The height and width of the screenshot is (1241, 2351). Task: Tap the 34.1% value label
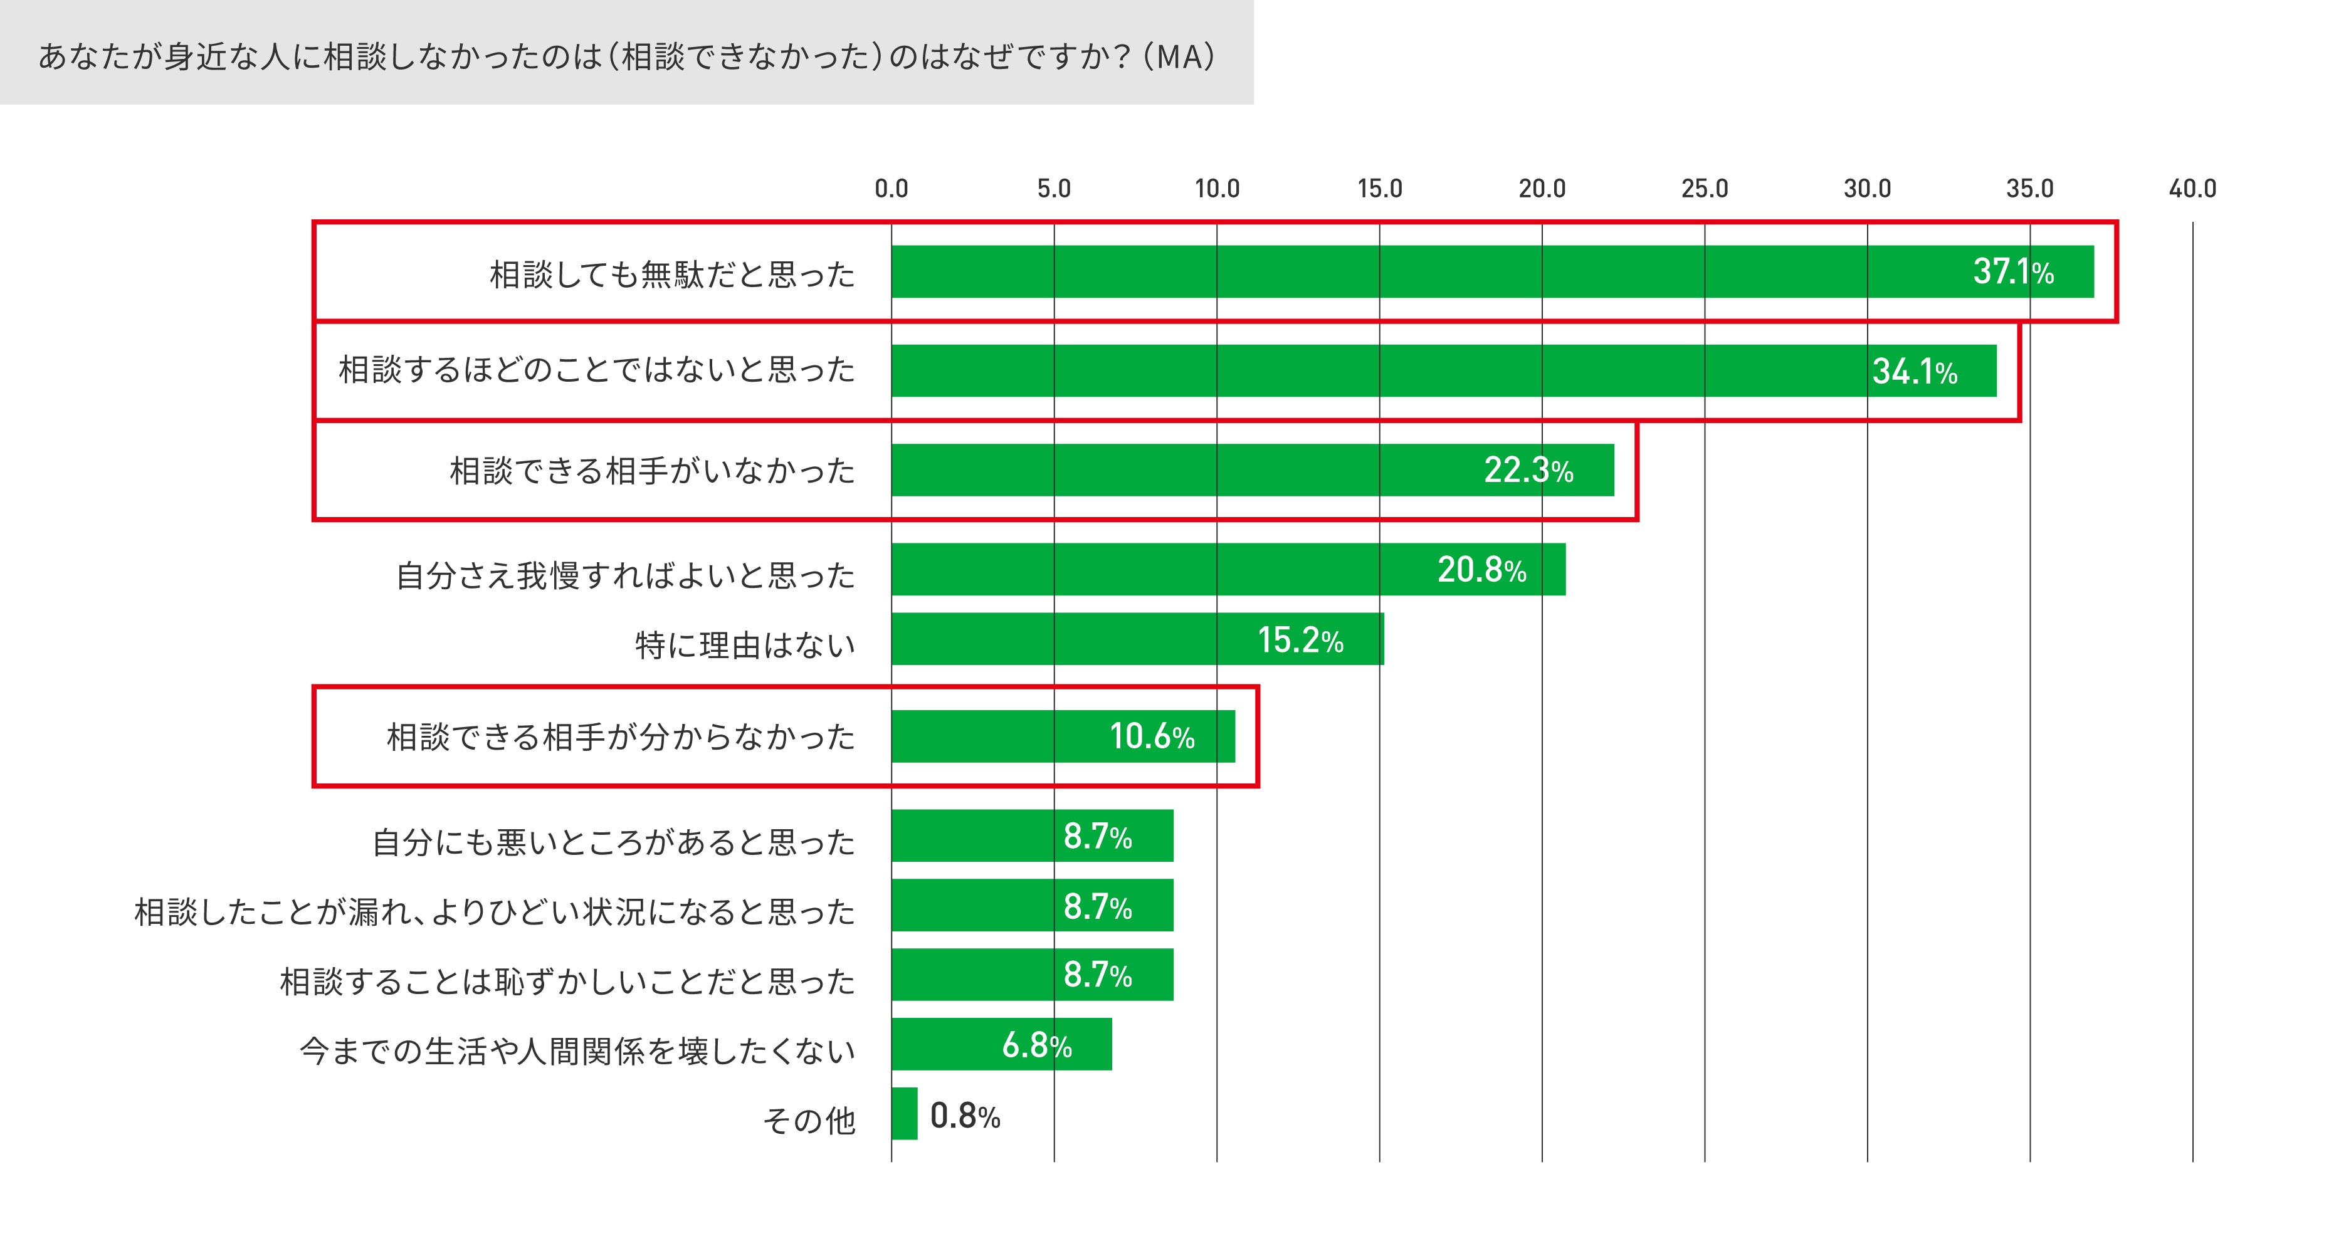(x=1914, y=372)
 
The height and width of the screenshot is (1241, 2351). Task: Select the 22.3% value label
(x=1528, y=470)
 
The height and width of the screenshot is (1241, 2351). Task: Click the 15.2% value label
(x=1300, y=640)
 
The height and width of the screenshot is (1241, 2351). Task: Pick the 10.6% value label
(x=1151, y=736)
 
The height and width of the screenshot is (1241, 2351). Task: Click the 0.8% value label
(x=965, y=1115)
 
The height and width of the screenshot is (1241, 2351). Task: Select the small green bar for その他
(x=905, y=1113)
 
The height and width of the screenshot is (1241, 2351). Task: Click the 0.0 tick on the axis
(x=891, y=189)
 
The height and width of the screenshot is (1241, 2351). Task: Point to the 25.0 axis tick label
(x=1704, y=189)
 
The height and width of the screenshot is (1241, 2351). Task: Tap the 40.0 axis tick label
(x=2192, y=189)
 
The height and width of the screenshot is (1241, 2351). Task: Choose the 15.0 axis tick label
(x=1379, y=189)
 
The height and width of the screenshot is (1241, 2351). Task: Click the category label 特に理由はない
(x=745, y=645)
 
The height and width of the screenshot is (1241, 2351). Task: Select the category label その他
(x=809, y=1119)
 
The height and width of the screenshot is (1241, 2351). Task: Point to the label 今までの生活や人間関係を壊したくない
(x=577, y=1051)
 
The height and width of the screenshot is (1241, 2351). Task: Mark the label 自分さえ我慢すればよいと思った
(x=625, y=575)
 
